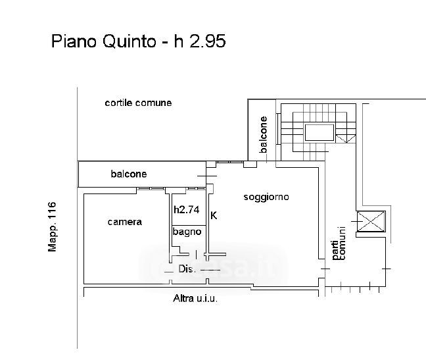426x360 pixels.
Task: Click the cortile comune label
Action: pos(138,103)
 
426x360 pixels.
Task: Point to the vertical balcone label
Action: pos(264,135)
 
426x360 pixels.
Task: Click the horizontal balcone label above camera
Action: pos(128,174)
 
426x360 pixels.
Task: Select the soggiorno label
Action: pos(266,197)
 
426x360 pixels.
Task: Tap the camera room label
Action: pos(124,222)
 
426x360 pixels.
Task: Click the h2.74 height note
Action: pos(186,211)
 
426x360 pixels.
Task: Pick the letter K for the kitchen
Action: pos(213,215)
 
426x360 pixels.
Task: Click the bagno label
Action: pos(187,232)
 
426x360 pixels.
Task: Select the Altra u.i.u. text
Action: pos(195,299)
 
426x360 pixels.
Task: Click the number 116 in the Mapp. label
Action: pos(53,212)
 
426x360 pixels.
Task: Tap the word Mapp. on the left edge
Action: pos(53,238)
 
